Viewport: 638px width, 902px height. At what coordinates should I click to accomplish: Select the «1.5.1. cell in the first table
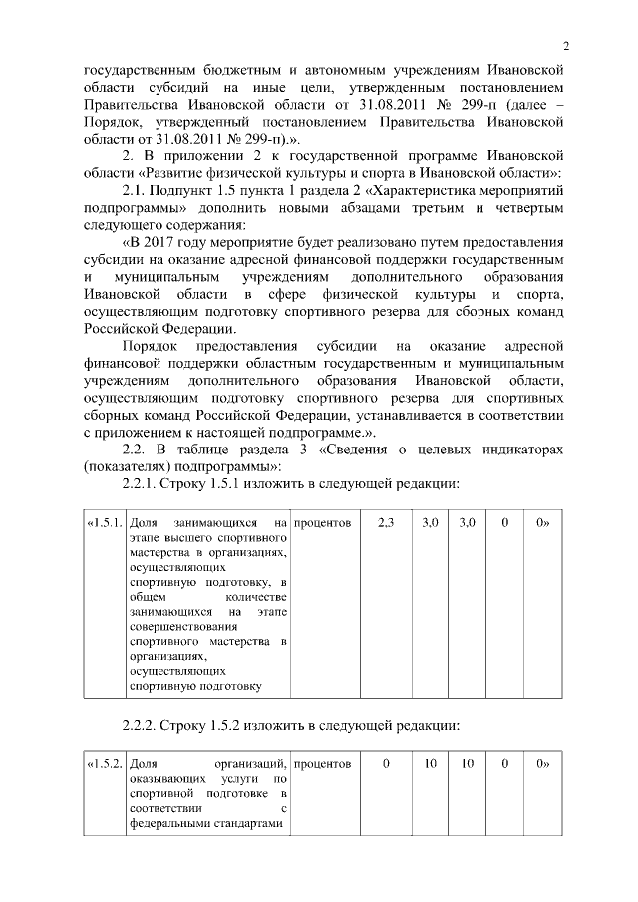click(105, 523)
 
